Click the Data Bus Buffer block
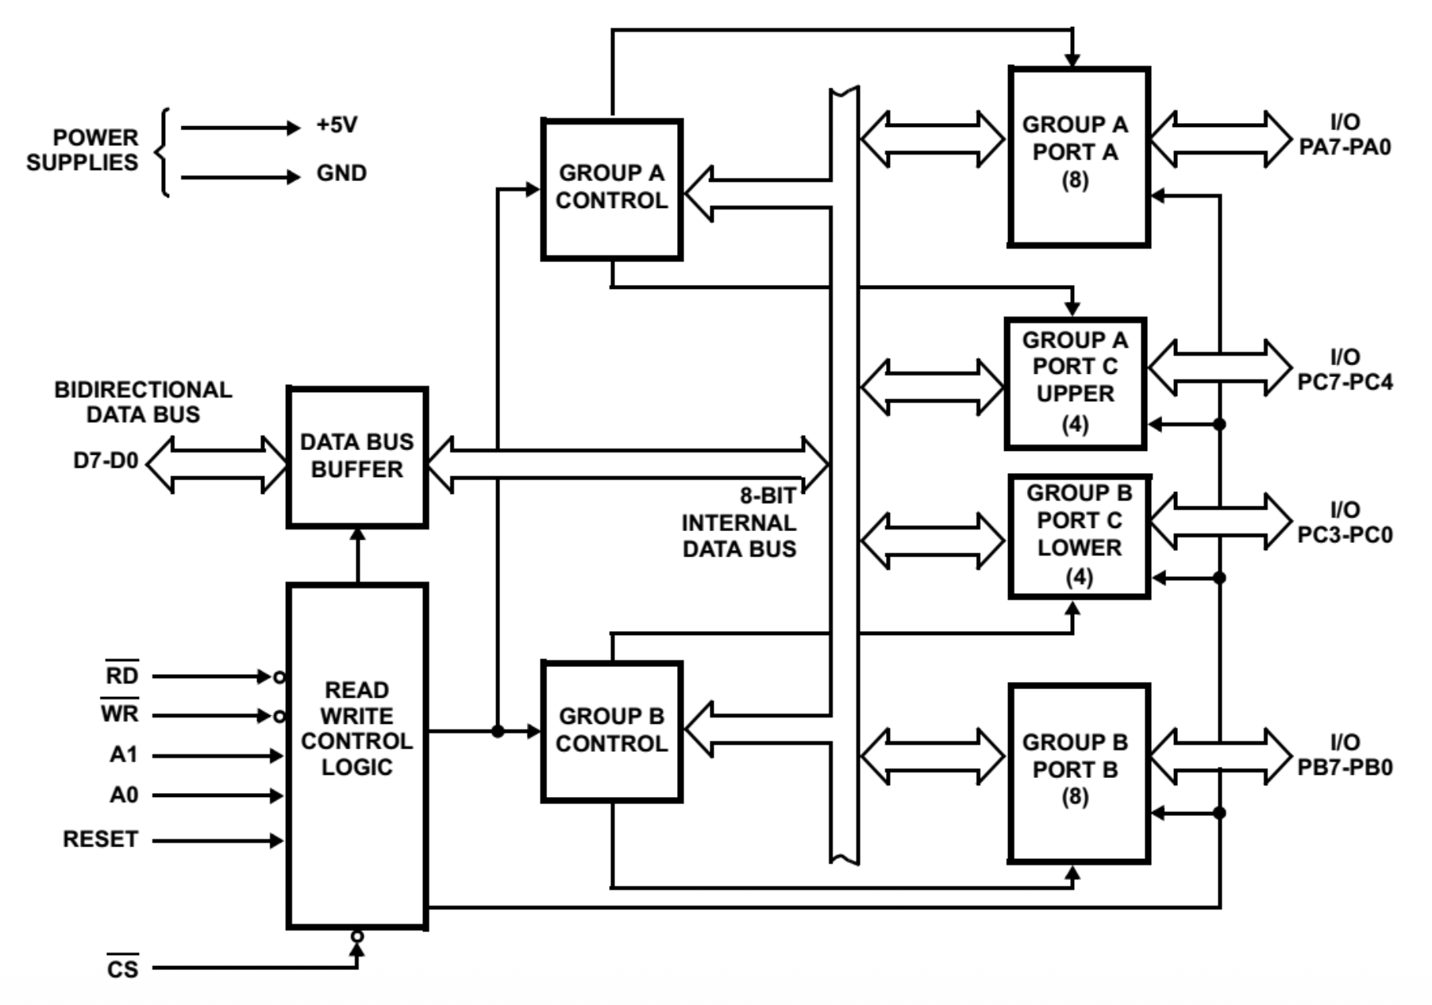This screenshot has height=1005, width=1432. tap(357, 457)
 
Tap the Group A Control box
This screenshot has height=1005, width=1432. tap(611, 189)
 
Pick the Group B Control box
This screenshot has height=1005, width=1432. tap(611, 731)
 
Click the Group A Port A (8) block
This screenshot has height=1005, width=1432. tap(1078, 156)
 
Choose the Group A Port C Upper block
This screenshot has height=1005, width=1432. tap(1075, 383)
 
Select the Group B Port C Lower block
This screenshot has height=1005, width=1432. tap(1079, 536)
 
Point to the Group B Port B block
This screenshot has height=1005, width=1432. tap(1078, 772)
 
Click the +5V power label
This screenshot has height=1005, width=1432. tap(337, 125)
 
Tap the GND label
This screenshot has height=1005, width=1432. tap(341, 173)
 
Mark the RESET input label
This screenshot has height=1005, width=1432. tap(100, 839)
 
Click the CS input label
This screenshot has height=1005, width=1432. tap(122, 968)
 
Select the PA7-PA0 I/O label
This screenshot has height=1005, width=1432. tap(1345, 135)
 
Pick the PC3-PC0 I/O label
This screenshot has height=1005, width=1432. tap(1345, 522)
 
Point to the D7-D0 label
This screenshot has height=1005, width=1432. tap(106, 460)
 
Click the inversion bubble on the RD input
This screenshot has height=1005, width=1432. tap(279, 677)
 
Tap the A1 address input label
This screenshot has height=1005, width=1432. tap(124, 754)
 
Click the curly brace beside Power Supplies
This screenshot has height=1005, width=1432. tap(164, 152)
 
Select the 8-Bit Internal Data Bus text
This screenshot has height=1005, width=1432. tap(739, 522)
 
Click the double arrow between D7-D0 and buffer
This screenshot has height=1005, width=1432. tap(216, 464)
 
